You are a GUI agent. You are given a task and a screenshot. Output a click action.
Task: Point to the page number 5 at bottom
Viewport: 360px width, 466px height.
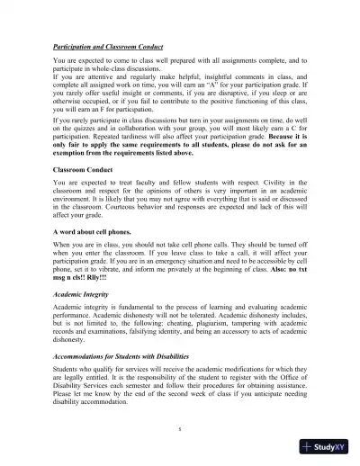pyautogui.click(x=180, y=429)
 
